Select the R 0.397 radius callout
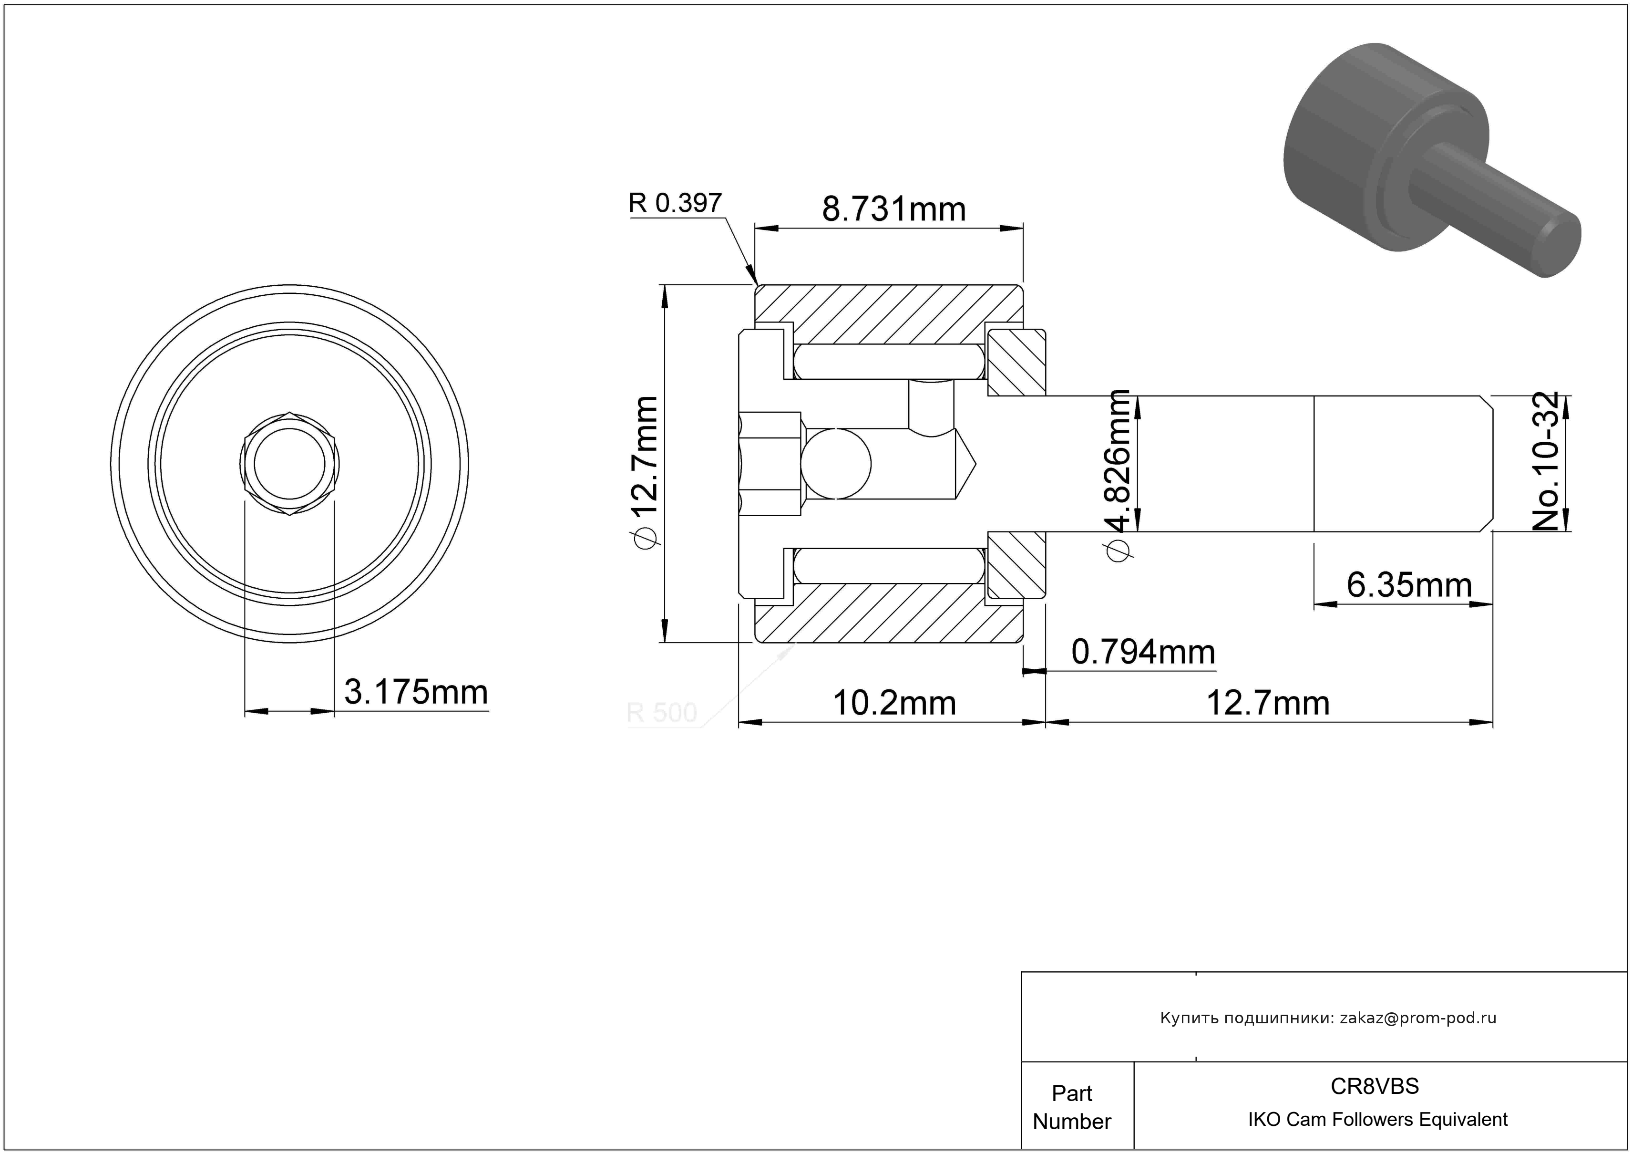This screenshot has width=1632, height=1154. click(675, 203)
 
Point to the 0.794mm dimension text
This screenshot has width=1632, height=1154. click(1143, 652)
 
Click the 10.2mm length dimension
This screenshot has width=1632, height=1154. click(893, 703)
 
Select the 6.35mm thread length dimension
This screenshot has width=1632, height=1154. click(1409, 585)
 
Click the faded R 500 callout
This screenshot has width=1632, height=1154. click(661, 712)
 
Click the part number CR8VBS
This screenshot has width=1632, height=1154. click(1375, 1086)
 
